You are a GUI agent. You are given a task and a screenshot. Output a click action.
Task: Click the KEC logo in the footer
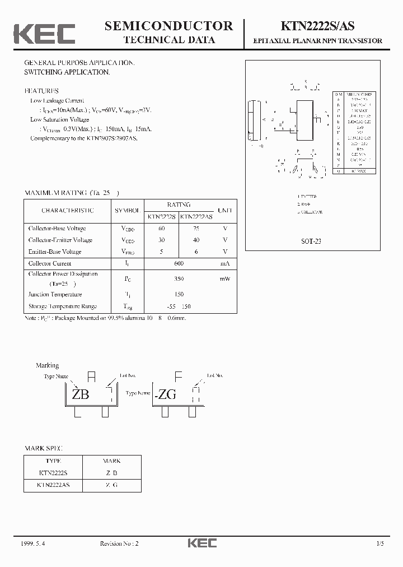[201, 543]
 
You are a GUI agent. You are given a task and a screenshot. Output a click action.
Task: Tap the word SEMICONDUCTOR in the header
[169, 26]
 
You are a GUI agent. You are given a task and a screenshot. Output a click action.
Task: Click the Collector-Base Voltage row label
[57, 228]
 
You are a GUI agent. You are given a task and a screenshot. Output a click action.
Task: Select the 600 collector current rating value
[179, 263]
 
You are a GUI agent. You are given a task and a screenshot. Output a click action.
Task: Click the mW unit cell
[224, 278]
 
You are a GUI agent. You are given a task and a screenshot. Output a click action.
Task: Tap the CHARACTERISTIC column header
[68, 211]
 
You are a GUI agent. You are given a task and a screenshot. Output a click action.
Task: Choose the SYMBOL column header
[128, 211]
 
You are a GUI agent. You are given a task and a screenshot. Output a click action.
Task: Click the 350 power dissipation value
[179, 278]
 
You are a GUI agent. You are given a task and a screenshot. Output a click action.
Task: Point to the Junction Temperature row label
[55, 294]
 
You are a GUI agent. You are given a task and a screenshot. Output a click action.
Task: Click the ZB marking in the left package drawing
[81, 394]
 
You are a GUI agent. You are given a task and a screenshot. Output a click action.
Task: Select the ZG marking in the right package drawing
[166, 394]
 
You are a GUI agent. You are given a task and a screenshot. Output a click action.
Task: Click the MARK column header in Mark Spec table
[111, 461]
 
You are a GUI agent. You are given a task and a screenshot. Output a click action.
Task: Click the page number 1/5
[381, 543]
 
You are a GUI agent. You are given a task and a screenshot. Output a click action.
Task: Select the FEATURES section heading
[41, 91]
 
